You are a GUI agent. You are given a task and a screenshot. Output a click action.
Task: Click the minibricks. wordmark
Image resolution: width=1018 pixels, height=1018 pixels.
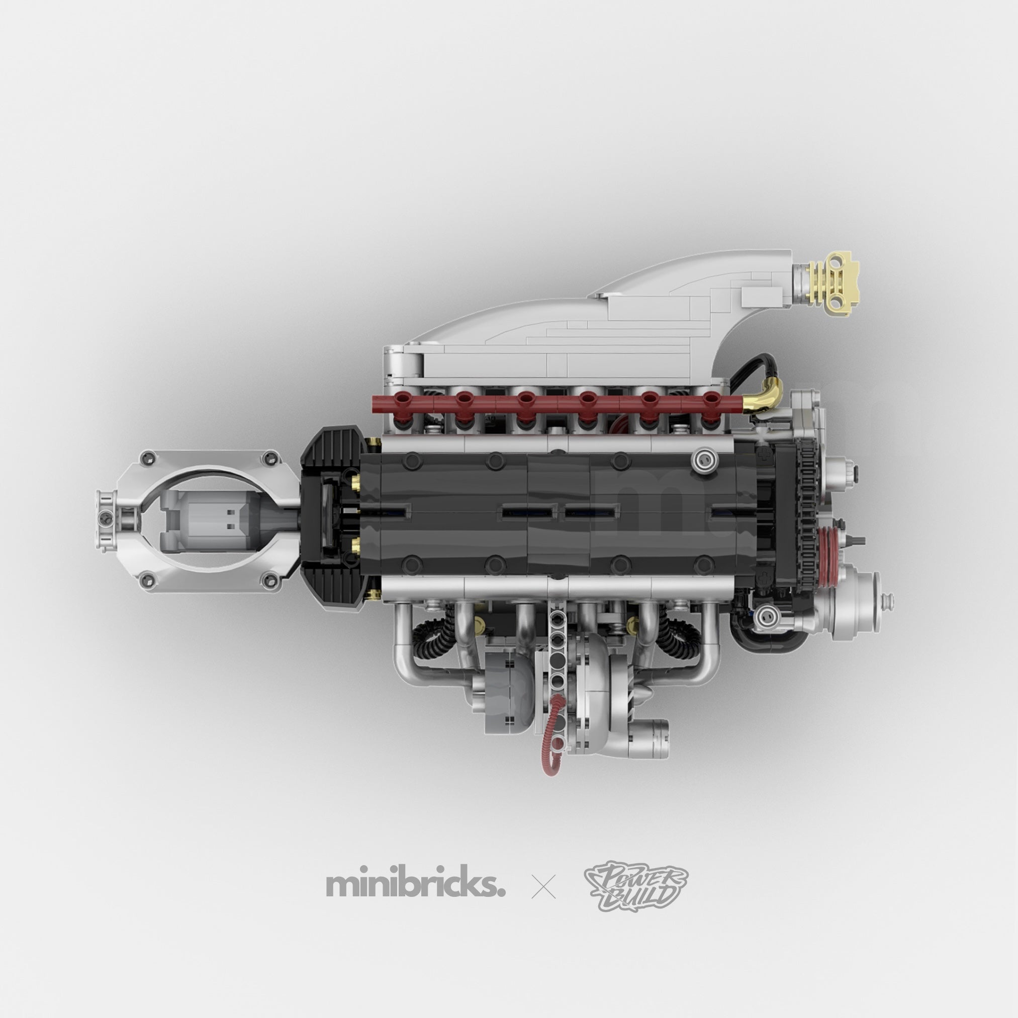(416, 886)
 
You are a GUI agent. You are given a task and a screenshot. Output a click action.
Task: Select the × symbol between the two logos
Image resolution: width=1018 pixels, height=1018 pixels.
(544, 887)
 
